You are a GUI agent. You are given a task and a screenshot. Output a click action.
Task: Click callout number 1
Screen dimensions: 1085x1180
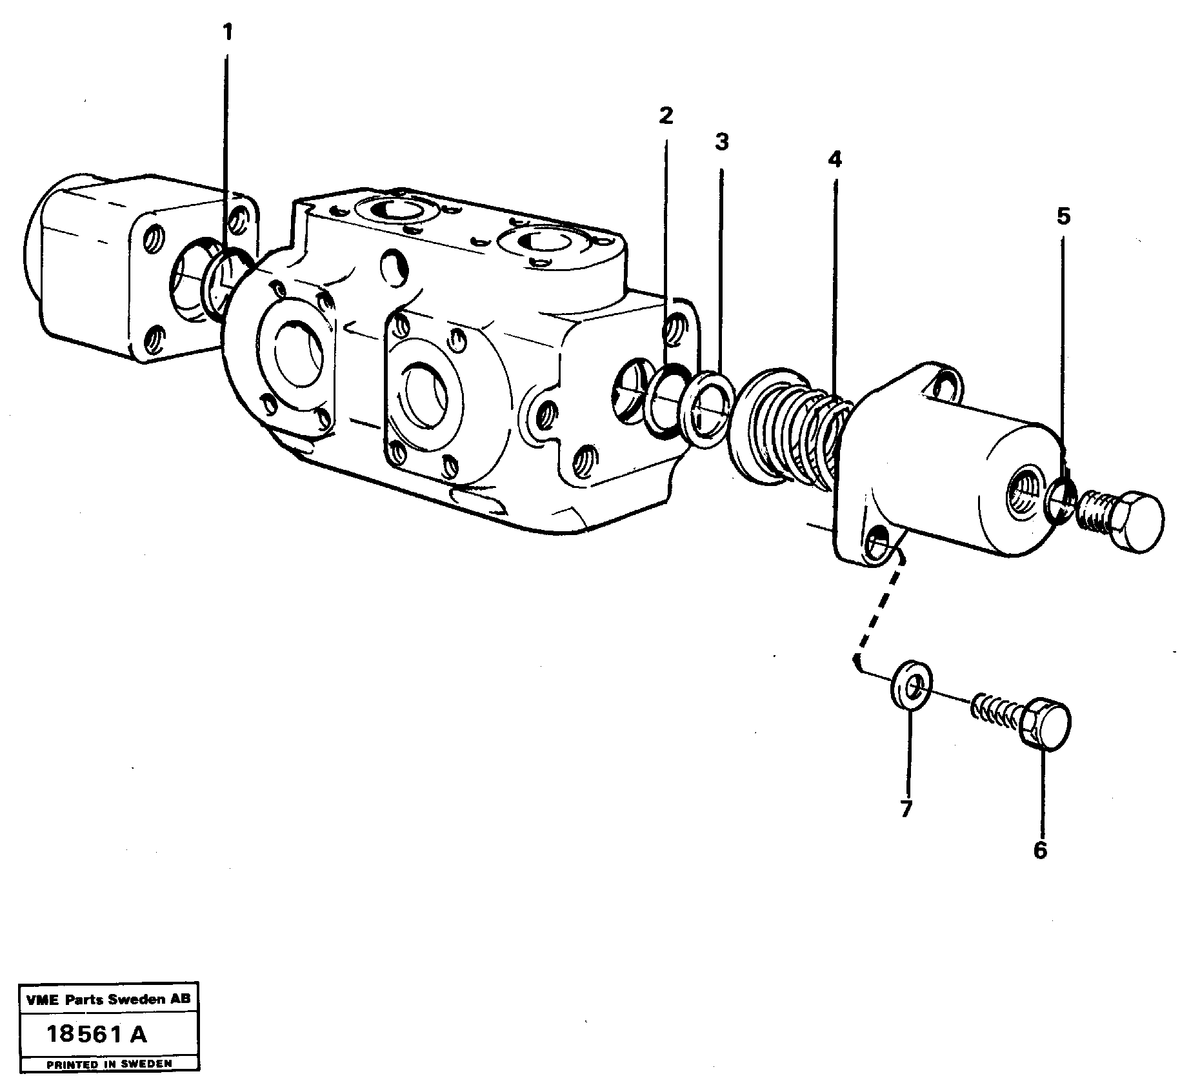[x=226, y=32]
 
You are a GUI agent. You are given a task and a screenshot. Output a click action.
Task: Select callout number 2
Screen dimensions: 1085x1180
[x=666, y=116]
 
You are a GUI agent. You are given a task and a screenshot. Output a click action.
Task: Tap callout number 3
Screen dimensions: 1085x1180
[x=721, y=142]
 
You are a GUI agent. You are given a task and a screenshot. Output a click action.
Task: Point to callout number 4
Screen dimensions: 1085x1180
[x=835, y=159]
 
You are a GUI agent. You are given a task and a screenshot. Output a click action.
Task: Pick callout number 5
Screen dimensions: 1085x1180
[x=1063, y=216]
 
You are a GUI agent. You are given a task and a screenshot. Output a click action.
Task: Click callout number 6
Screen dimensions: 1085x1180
[x=1039, y=851]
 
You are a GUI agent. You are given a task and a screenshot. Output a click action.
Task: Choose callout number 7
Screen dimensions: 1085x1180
[x=906, y=809]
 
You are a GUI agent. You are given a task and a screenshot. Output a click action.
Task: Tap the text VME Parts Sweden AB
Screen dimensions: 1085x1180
[x=108, y=1000]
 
